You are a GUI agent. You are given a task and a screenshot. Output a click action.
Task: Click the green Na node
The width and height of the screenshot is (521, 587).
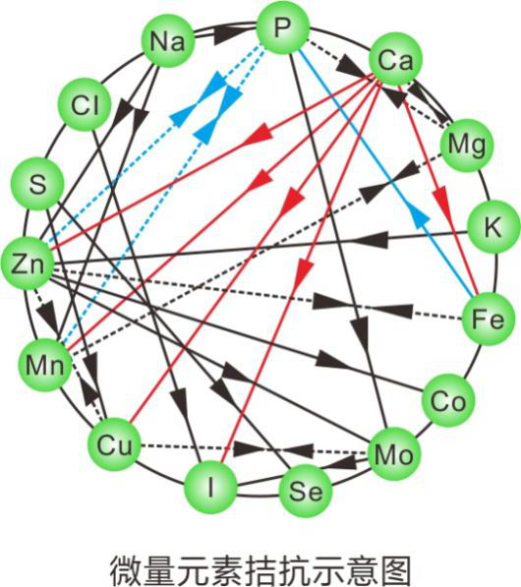(168, 41)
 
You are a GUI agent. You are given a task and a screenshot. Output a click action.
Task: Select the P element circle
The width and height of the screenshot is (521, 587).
(283, 28)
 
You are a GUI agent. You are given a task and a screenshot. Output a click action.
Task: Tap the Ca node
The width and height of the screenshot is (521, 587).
(395, 59)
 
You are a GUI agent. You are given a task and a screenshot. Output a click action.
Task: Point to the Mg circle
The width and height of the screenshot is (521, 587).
(467, 146)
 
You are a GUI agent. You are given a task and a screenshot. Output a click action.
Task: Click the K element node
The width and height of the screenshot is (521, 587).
(494, 226)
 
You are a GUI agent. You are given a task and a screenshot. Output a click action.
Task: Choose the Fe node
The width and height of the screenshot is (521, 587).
(488, 319)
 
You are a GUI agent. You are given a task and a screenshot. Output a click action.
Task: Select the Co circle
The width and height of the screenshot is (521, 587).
(448, 400)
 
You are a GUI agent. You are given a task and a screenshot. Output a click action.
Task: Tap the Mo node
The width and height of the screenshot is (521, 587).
(394, 454)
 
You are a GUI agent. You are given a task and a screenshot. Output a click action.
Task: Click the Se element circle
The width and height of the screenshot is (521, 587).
(306, 491)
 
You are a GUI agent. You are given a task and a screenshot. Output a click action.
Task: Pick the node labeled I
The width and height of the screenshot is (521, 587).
(211, 488)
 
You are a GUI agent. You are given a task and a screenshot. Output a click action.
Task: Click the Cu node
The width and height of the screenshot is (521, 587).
(115, 444)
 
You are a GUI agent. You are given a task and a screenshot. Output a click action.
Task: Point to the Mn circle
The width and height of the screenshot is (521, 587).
(45, 365)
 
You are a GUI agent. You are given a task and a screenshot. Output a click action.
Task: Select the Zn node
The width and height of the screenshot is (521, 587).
(28, 264)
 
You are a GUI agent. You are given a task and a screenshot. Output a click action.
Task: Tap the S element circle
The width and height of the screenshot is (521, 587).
(37, 184)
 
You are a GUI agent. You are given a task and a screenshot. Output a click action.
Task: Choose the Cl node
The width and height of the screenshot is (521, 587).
(85, 105)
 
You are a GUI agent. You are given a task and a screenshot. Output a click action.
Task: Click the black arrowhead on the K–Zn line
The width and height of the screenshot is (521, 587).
(370, 239)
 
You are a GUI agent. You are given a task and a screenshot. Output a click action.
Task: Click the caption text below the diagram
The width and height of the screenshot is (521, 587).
(260, 569)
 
